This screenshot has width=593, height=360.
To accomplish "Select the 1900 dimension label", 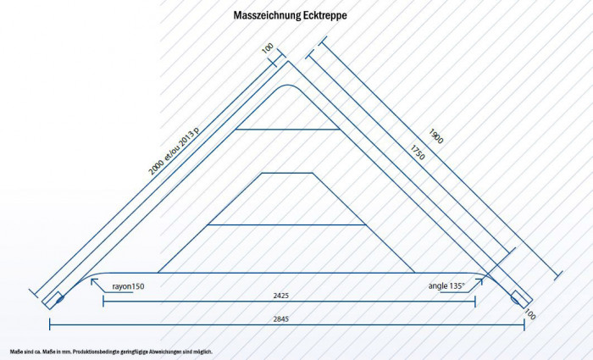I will click(436, 136).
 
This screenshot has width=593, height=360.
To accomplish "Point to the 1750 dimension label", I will click(417, 153).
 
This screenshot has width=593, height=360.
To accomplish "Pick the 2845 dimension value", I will click(289, 319).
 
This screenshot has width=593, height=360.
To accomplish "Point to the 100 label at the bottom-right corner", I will click(530, 314).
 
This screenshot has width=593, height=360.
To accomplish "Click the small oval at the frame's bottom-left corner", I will click(58, 297).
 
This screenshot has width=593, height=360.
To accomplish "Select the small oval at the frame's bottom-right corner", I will click(515, 297).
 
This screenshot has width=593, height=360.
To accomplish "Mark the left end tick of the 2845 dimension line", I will click(50, 325).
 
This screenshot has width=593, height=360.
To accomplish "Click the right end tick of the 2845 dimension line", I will click(524, 325).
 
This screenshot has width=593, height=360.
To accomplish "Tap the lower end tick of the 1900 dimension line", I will click(557, 274).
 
